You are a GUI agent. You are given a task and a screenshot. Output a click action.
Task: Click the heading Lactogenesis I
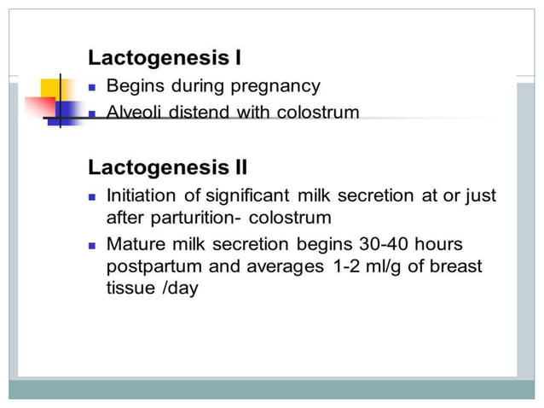point(165,59)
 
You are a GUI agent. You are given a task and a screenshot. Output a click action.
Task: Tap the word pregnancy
point(275,86)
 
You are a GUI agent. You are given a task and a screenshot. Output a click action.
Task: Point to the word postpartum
point(154,266)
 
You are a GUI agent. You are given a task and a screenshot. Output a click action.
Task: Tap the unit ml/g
point(393,266)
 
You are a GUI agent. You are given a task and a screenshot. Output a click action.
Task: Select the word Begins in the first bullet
point(135,86)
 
